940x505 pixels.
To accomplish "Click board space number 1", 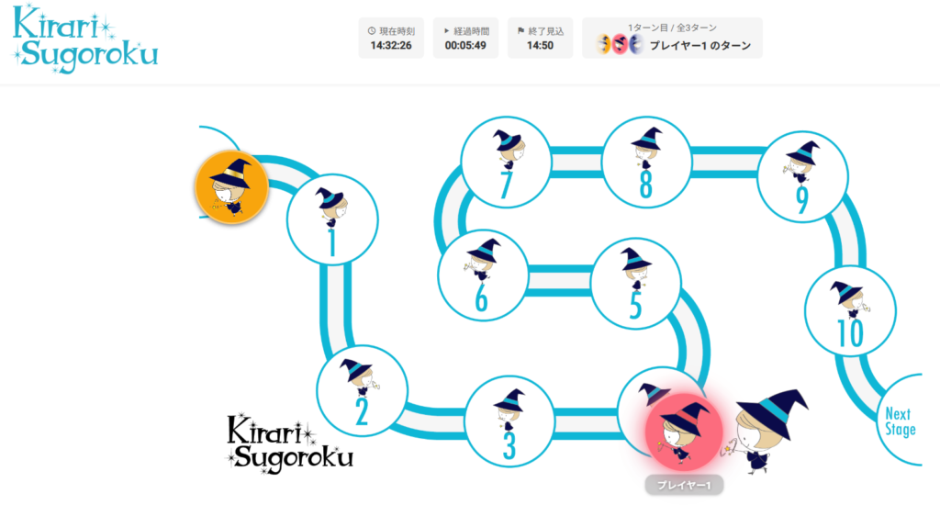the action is (x=332, y=219).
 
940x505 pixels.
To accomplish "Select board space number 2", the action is (x=362, y=391).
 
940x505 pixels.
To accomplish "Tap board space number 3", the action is (x=509, y=421).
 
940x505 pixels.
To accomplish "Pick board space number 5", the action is (x=636, y=284).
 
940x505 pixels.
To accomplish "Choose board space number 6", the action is (x=483, y=275).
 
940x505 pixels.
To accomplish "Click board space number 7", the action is (x=506, y=162).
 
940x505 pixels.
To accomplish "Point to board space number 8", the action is (x=646, y=162).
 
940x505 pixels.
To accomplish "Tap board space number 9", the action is (x=802, y=177).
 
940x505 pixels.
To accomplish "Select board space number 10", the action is (x=850, y=311).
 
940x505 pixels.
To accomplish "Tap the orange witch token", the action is (x=231, y=187).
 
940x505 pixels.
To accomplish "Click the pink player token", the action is (x=684, y=432).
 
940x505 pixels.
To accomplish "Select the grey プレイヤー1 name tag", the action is (x=684, y=485).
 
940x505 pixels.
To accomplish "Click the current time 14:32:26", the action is (x=391, y=46).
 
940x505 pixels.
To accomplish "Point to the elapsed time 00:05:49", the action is (x=465, y=46).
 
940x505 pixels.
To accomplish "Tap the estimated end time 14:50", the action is (x=540, y=46).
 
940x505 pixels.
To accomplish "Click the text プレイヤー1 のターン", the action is (x=700, y=46).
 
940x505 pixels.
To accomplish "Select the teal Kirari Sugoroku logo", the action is (x=85, y=39).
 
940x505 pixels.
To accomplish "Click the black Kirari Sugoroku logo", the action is (x=290, y=443).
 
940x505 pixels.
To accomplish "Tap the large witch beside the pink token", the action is (x=767, y=431).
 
